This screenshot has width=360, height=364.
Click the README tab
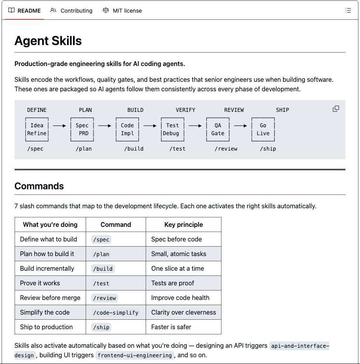click(x=24, y=11)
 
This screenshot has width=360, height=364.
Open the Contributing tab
click(x=71, y=11)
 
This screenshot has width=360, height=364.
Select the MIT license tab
click(x=122, y=11)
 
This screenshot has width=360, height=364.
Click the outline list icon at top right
click(x=348, y=11)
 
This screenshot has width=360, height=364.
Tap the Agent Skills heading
click(x=48, y=41)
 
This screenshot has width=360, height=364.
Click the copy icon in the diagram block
click(x=336, y=109)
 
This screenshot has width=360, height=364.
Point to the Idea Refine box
click(x=37, y=129)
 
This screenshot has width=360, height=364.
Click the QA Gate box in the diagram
click(x=217, y=129)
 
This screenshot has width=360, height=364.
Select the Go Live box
click(x=263, y=129)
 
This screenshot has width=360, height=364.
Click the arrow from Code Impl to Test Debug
click(x=150, y=126)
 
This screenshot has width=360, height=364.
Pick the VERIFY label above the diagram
click(x=186, y=110)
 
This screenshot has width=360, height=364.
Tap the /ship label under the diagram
click(x=268, y=149)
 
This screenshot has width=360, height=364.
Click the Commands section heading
click(x=39, y=186)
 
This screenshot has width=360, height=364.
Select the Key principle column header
click(x=184, y=224)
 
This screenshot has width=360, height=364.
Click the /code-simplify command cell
click(x=116, y=313)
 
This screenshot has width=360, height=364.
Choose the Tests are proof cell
click(x=172, y=283)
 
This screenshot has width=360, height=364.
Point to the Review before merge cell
click(x=50, y=298)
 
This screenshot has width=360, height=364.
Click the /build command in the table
click(x=103, y=269)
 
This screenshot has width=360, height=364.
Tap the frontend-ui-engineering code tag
click(x=135, y=355)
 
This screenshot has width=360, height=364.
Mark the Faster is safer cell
click(x=171, y=327)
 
